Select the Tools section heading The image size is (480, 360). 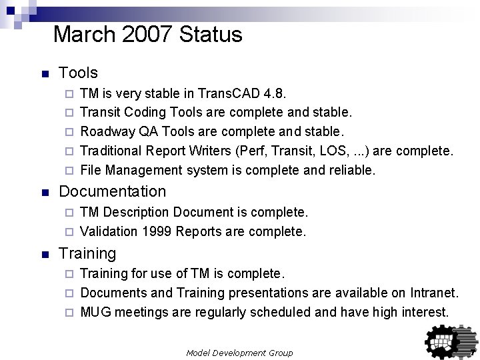(78, 73)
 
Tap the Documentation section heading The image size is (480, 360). (112, 191)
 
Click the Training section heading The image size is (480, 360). (87, 253)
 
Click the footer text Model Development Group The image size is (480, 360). (239, 352)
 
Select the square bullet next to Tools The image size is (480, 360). (44, 73)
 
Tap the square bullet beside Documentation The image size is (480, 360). (44, 192)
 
